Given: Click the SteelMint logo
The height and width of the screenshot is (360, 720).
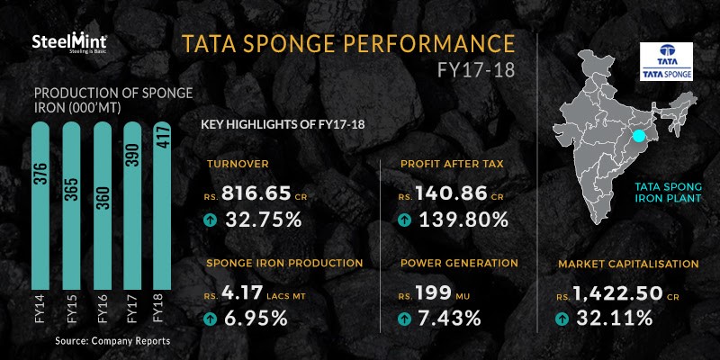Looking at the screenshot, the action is (x=69, y=42).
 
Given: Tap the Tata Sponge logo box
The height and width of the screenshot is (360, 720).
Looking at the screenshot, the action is (x=666, y=62).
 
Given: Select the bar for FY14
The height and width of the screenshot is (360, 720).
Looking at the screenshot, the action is (x=40, y=206).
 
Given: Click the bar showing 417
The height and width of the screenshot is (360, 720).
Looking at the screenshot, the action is (x=162, y=206).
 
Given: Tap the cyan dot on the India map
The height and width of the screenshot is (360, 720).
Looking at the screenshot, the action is (x=638, y=137).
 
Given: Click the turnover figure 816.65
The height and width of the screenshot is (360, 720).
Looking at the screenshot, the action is (x=256, y=193).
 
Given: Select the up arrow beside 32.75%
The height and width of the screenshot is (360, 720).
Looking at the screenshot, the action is (x=210, y=220).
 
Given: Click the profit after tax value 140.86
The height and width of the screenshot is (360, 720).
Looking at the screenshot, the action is (x=451, y=193).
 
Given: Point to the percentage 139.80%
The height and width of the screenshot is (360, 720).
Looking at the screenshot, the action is (x=463, y=220).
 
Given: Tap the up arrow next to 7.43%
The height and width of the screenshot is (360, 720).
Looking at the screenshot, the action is (x=404, y=319).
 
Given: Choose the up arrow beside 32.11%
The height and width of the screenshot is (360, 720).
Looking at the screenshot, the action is (x=561, y=319).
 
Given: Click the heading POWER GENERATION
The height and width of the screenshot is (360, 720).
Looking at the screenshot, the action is (x=459, y=263).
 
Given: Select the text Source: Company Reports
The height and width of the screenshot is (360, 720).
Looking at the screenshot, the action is (x=112, y=341).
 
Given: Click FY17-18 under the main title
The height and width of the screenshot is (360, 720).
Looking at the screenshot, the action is (x=476, y=70).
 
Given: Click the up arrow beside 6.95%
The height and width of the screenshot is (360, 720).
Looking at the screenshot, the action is (x=210, y=319).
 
